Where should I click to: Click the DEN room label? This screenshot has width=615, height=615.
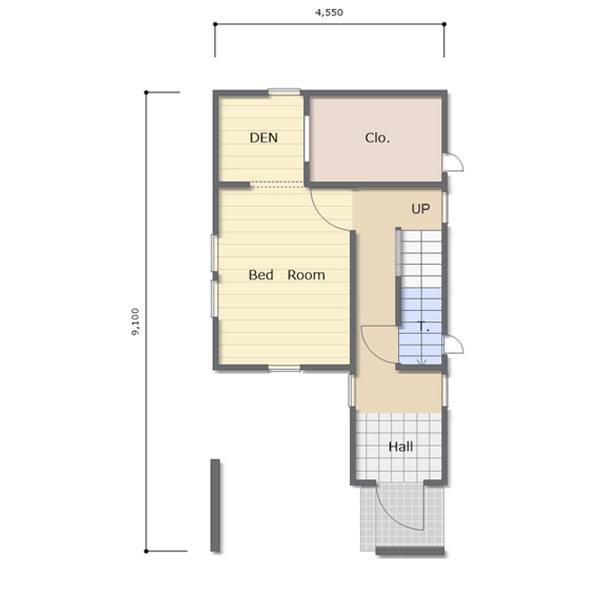263,137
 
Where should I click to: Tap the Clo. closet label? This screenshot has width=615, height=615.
377,137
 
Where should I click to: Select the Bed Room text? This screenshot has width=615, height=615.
287,275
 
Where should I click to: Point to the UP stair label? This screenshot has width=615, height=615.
421,209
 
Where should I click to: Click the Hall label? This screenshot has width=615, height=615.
401,447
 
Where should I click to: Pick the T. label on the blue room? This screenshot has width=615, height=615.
423,326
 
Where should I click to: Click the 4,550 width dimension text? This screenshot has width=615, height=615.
329,13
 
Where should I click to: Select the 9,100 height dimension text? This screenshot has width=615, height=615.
136,322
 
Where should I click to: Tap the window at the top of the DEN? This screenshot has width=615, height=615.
284,91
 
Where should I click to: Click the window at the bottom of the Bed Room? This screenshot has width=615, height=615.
284,368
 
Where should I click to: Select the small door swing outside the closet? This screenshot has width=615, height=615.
454,162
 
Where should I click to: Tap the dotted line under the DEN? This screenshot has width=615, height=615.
278,184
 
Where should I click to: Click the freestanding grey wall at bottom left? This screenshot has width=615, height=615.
215,506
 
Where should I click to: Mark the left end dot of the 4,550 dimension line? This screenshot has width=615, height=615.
215,24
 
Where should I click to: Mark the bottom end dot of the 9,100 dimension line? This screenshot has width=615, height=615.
147,551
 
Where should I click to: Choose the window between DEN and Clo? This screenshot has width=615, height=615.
307,138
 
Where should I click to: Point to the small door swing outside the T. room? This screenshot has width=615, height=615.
454,344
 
